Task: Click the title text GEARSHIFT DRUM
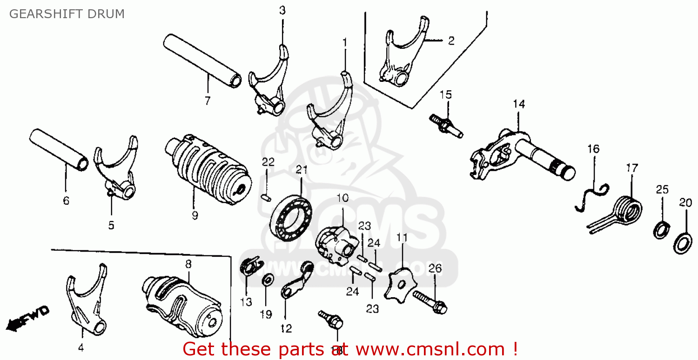[67, 14]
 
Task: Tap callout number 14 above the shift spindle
[519, 104]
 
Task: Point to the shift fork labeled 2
[400, 55]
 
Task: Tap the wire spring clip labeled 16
[591, 195]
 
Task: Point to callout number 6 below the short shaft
[66, 201]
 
